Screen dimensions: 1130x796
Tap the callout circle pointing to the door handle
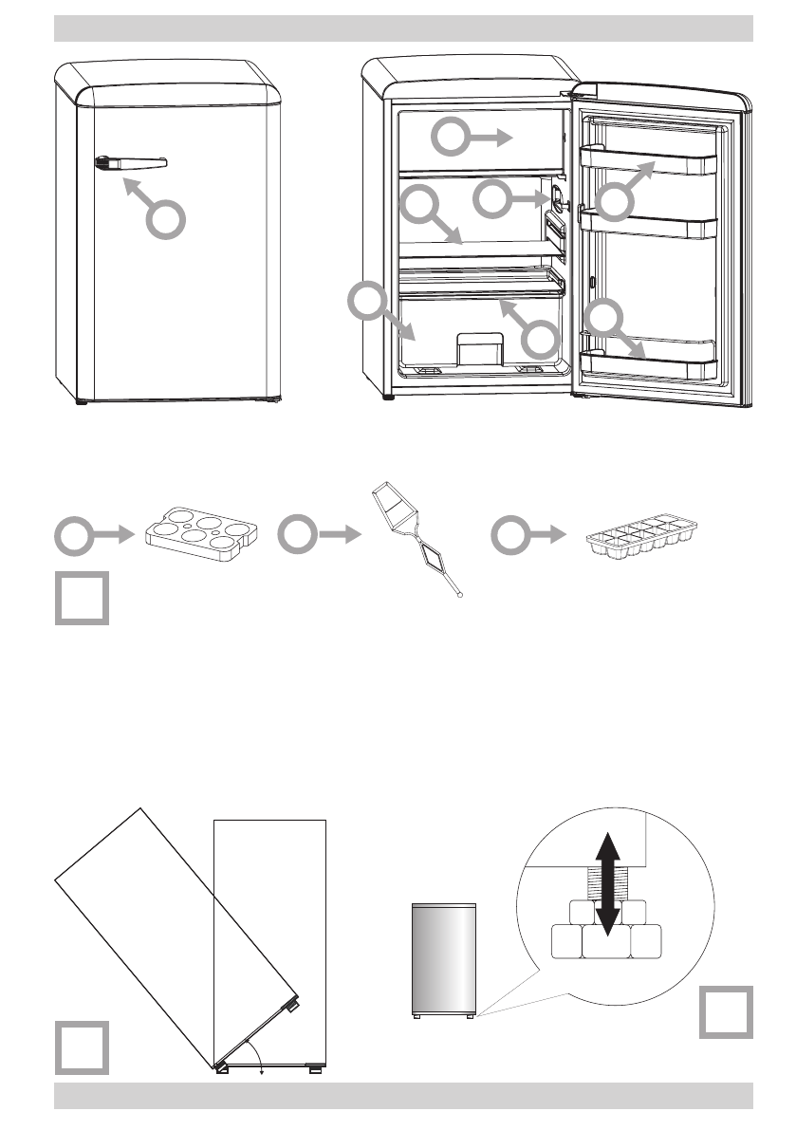pyautogui.click(x=165, y=221)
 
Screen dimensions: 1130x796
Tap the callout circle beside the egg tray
pyautogui.click(x=73, y=536)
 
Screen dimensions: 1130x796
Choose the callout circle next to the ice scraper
pyautogui.click(x=297, y=536)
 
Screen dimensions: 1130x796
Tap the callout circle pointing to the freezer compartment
pyautogui.click(x=451, y=139)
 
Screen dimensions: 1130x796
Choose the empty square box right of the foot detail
pyautogui.click(x=727, y=1012)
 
